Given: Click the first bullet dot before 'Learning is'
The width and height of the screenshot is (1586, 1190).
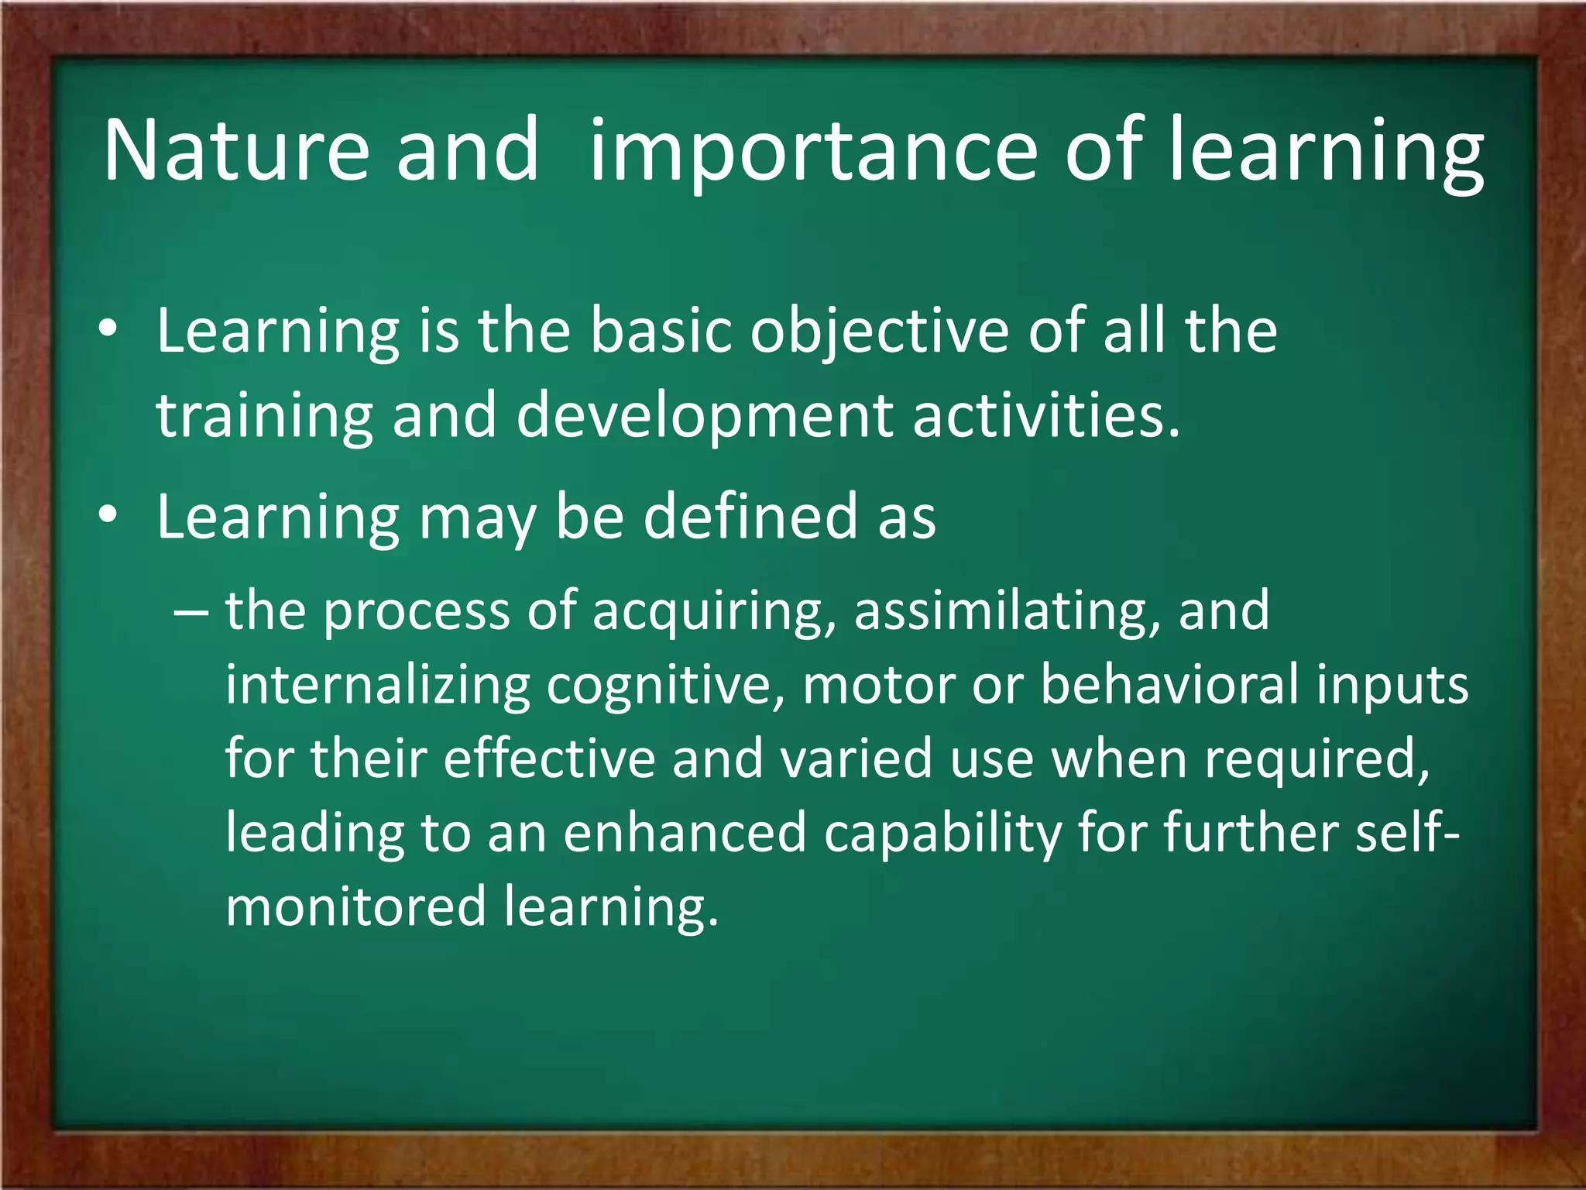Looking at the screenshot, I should (108, 330).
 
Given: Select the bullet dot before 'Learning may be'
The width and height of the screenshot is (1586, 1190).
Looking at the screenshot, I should (108, 516).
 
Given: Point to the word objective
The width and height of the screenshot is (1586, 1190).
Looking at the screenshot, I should (879, 332).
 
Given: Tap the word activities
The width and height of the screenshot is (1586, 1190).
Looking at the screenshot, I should (1045, 416).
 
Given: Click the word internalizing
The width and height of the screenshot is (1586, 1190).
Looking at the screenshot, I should (377, 685).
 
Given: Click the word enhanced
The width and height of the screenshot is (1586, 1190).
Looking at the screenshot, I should (685, 833).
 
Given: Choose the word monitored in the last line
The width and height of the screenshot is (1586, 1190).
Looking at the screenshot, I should (355, 906).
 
